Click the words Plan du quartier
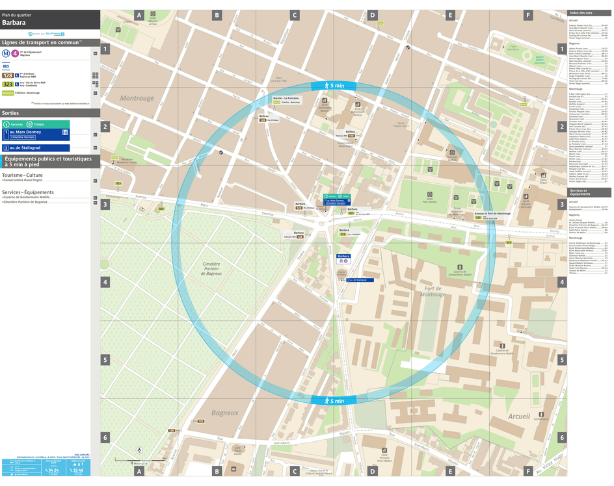point(16,14)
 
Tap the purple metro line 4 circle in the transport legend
point(14,54)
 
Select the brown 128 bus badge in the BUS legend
point(8,76)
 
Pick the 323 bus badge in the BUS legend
point(8,84)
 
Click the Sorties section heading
point(11,112)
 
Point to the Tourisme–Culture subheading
point(22,175)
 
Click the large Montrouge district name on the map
point(137,98)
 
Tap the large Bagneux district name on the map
point(225,413)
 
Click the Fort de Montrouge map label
point(433,292)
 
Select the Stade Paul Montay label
point(429,201)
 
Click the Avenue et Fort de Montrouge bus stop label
point(492,213)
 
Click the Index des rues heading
point(580,14)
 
